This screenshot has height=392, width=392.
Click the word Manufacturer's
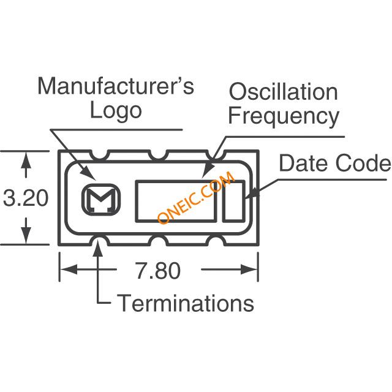point(116,86)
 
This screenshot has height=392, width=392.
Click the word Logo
point(116,111)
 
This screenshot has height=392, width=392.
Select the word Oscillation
point(283,92)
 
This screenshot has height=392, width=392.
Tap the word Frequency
point(284,116)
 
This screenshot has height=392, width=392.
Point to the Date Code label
point(335,163)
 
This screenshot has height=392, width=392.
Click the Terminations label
point(185,303)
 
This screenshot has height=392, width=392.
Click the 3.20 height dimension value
point(26,198)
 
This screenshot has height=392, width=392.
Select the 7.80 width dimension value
point(158,270)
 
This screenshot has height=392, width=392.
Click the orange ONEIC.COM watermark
point(196,197)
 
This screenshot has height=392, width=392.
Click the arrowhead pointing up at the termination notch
point(99,246)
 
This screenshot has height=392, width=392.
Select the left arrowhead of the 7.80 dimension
point(69,269)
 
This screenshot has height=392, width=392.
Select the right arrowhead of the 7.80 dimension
point(249,269)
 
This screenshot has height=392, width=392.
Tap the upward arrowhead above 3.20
point(26,160)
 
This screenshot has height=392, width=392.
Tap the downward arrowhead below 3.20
point(26,235)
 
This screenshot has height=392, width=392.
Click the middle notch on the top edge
point(158,154)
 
